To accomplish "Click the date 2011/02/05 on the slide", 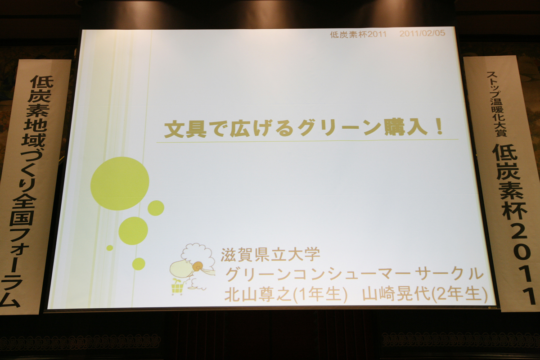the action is click(x=422, y=33).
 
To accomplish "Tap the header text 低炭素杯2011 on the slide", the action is click(x=358, y=35).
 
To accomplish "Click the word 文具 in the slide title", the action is click(x=185, y=130).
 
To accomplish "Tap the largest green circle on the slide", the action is click(x=120, y=184).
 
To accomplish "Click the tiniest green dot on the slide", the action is click(x=110, y=247).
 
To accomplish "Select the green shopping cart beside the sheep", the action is click(x=178, y=287).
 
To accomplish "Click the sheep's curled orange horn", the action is click(x=198, y=266).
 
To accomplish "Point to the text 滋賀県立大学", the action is click(x=270, y=254).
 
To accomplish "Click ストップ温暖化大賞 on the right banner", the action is click(x=496, y=104).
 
